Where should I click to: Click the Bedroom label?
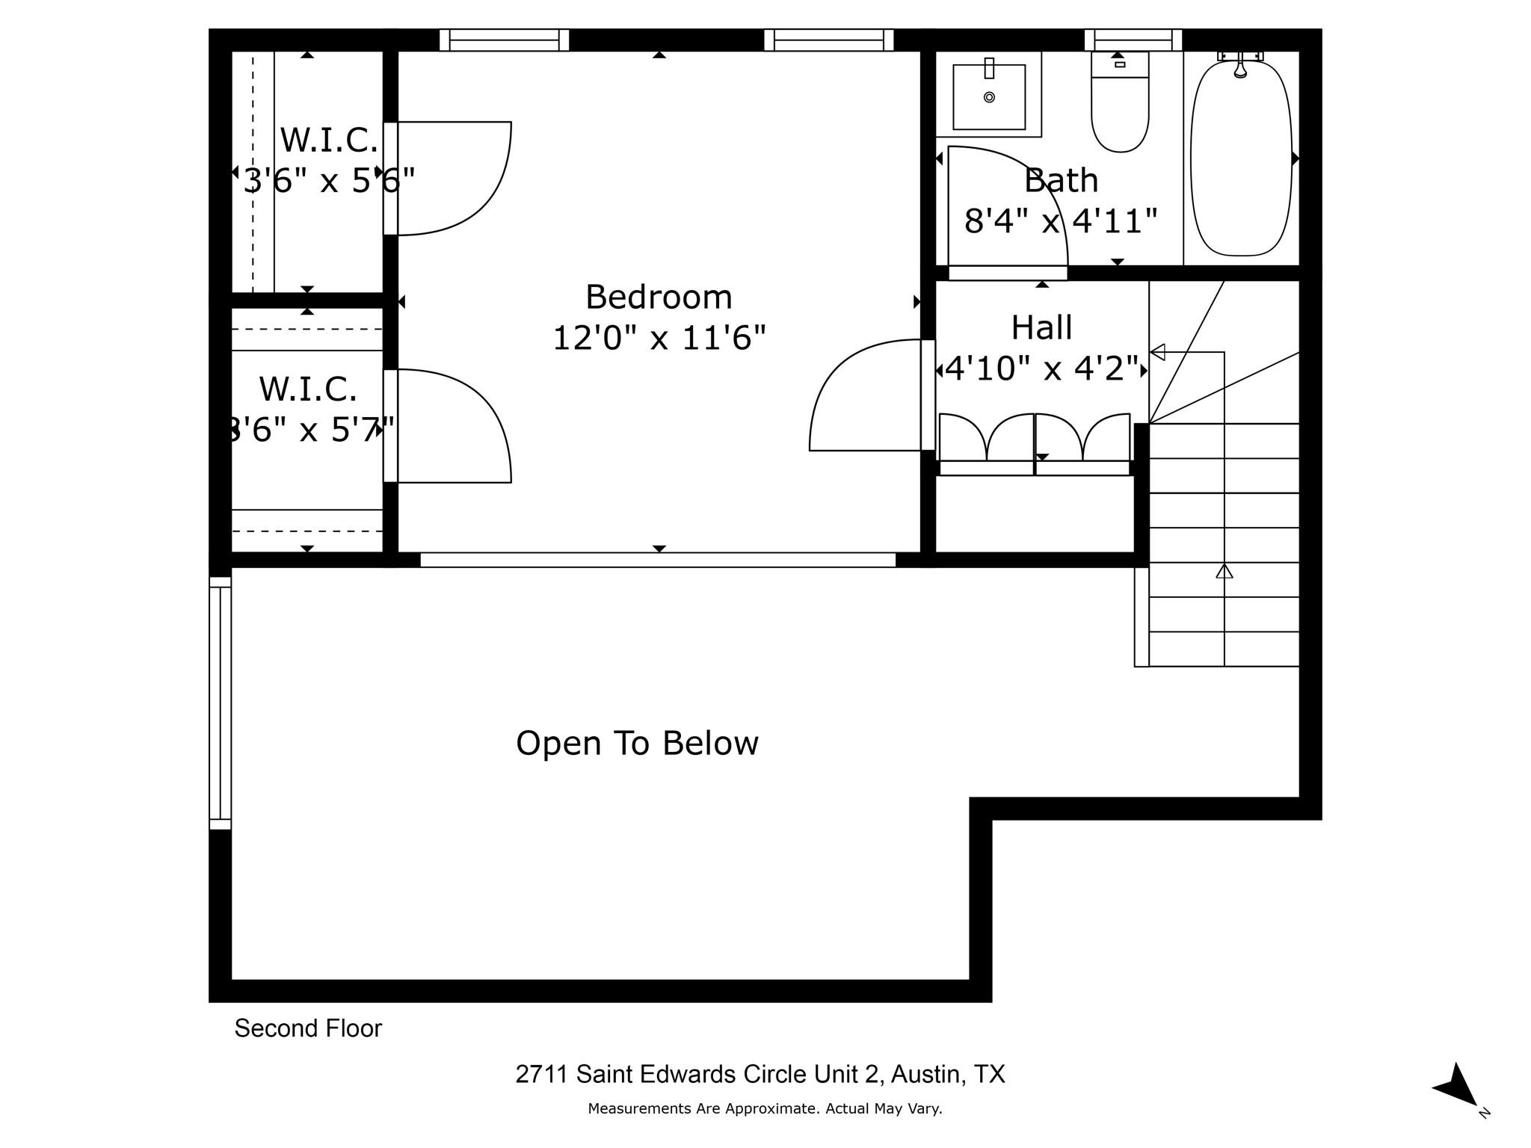click(659, 297)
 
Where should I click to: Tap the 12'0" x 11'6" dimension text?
click(659, 338)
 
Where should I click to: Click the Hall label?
click(1041, 327)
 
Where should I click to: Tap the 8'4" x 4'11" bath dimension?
click(1060, 221)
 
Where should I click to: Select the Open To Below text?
click(637, 743)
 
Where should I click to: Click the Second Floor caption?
click(308, 1028)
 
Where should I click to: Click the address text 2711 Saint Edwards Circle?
click(760, 1074)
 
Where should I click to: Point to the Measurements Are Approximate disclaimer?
click(765, 1108)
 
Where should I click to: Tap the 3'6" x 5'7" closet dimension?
click(308, 430)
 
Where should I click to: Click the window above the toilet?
click(1133, 40)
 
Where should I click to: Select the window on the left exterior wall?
click(220, 703)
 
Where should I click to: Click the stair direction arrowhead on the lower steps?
click(1224, 571)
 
